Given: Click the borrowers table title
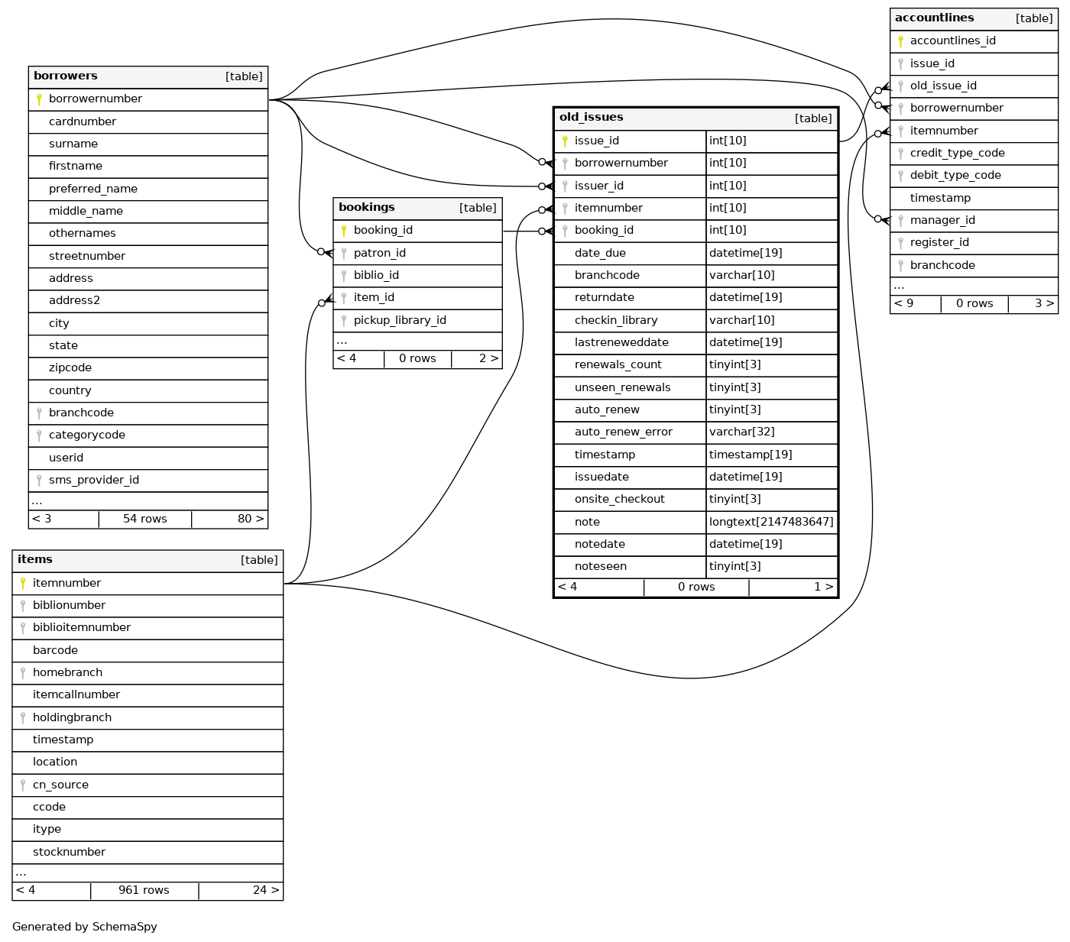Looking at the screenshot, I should point(66,76).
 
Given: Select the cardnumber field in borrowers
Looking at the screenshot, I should point(83,121).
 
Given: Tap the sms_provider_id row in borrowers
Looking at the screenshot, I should point(94,480).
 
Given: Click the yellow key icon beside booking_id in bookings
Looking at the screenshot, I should point(344,231).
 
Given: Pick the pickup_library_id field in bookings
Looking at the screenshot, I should point(400,320).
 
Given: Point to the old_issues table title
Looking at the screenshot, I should point(591,118).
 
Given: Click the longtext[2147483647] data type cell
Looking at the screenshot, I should point(771,522).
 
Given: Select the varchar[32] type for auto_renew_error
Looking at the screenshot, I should point(742,432).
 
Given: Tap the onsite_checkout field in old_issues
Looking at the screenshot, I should point(619,499).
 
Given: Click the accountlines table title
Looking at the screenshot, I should point(934,18).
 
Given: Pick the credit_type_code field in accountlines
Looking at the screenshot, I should point(957,153).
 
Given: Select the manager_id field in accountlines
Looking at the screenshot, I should point(942,220).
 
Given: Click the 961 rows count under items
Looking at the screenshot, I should point(144,890).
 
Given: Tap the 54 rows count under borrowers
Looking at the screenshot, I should point(144,519).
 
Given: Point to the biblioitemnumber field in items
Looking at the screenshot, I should point(82,627).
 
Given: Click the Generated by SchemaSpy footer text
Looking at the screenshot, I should point(85,927).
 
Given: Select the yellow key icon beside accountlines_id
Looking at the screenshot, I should point(901,41).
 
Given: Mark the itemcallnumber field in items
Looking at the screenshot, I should point(76,694).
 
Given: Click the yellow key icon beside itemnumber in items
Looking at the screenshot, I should point(23,584).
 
